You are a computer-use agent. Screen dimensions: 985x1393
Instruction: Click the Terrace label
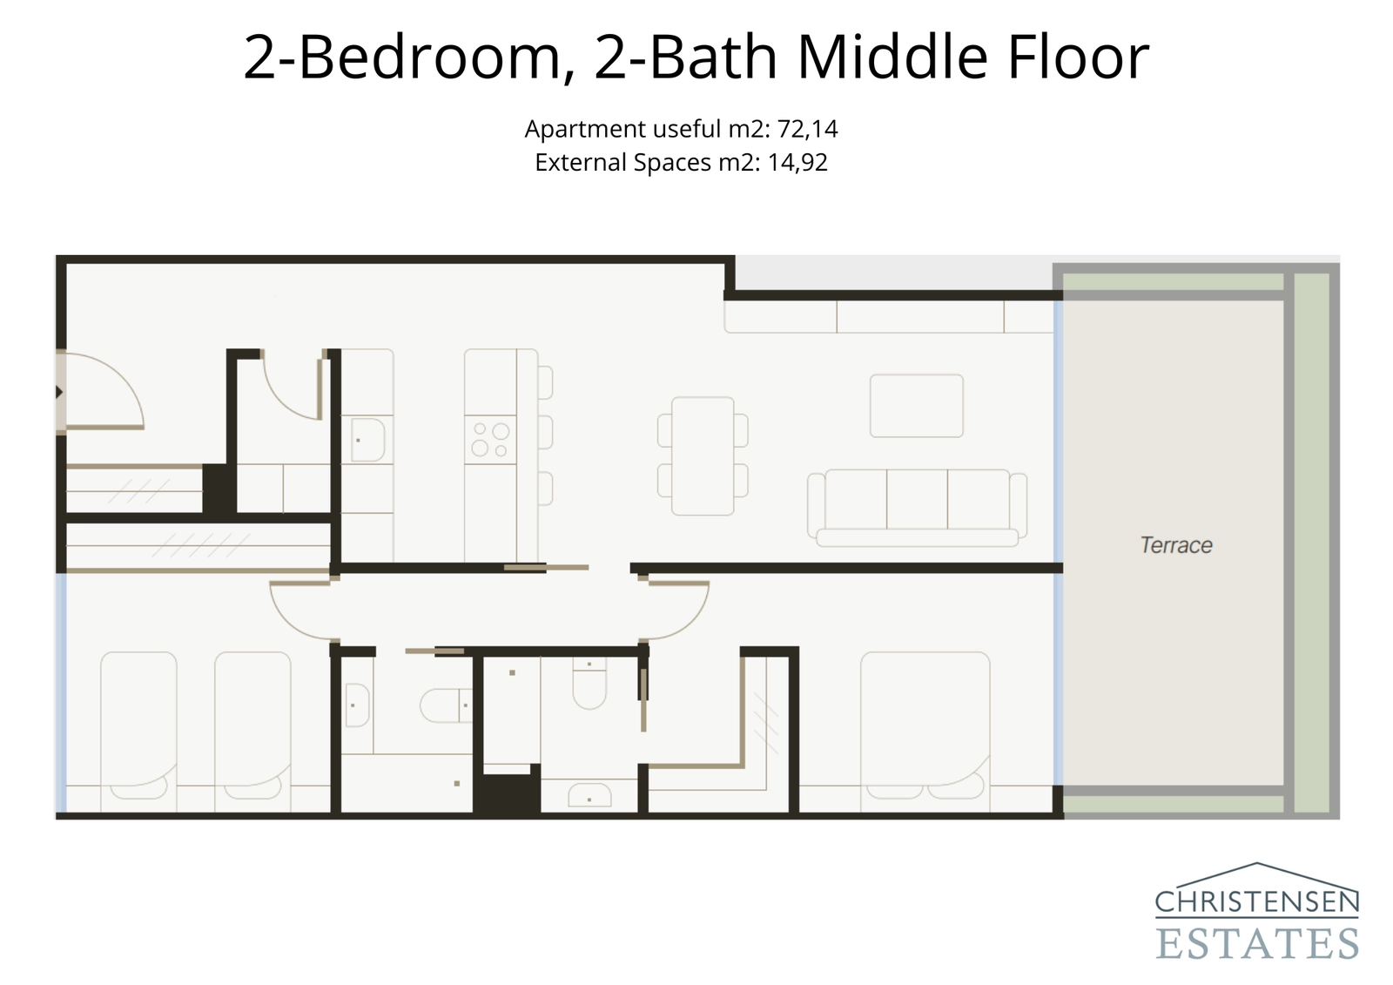1175,545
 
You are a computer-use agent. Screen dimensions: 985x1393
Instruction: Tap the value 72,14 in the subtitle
807,129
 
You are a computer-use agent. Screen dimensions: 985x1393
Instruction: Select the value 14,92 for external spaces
797,163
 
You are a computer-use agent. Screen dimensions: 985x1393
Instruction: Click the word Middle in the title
893,57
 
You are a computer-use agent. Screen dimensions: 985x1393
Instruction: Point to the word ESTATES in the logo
1257,944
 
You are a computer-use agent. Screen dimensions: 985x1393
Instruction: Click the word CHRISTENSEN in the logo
1257,902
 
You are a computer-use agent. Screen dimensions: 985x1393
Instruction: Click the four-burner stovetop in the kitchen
490,440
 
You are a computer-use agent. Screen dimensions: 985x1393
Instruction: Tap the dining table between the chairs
703,455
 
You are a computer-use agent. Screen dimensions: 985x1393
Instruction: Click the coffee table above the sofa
917,406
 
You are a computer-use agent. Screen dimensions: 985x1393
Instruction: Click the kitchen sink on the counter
368,440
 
